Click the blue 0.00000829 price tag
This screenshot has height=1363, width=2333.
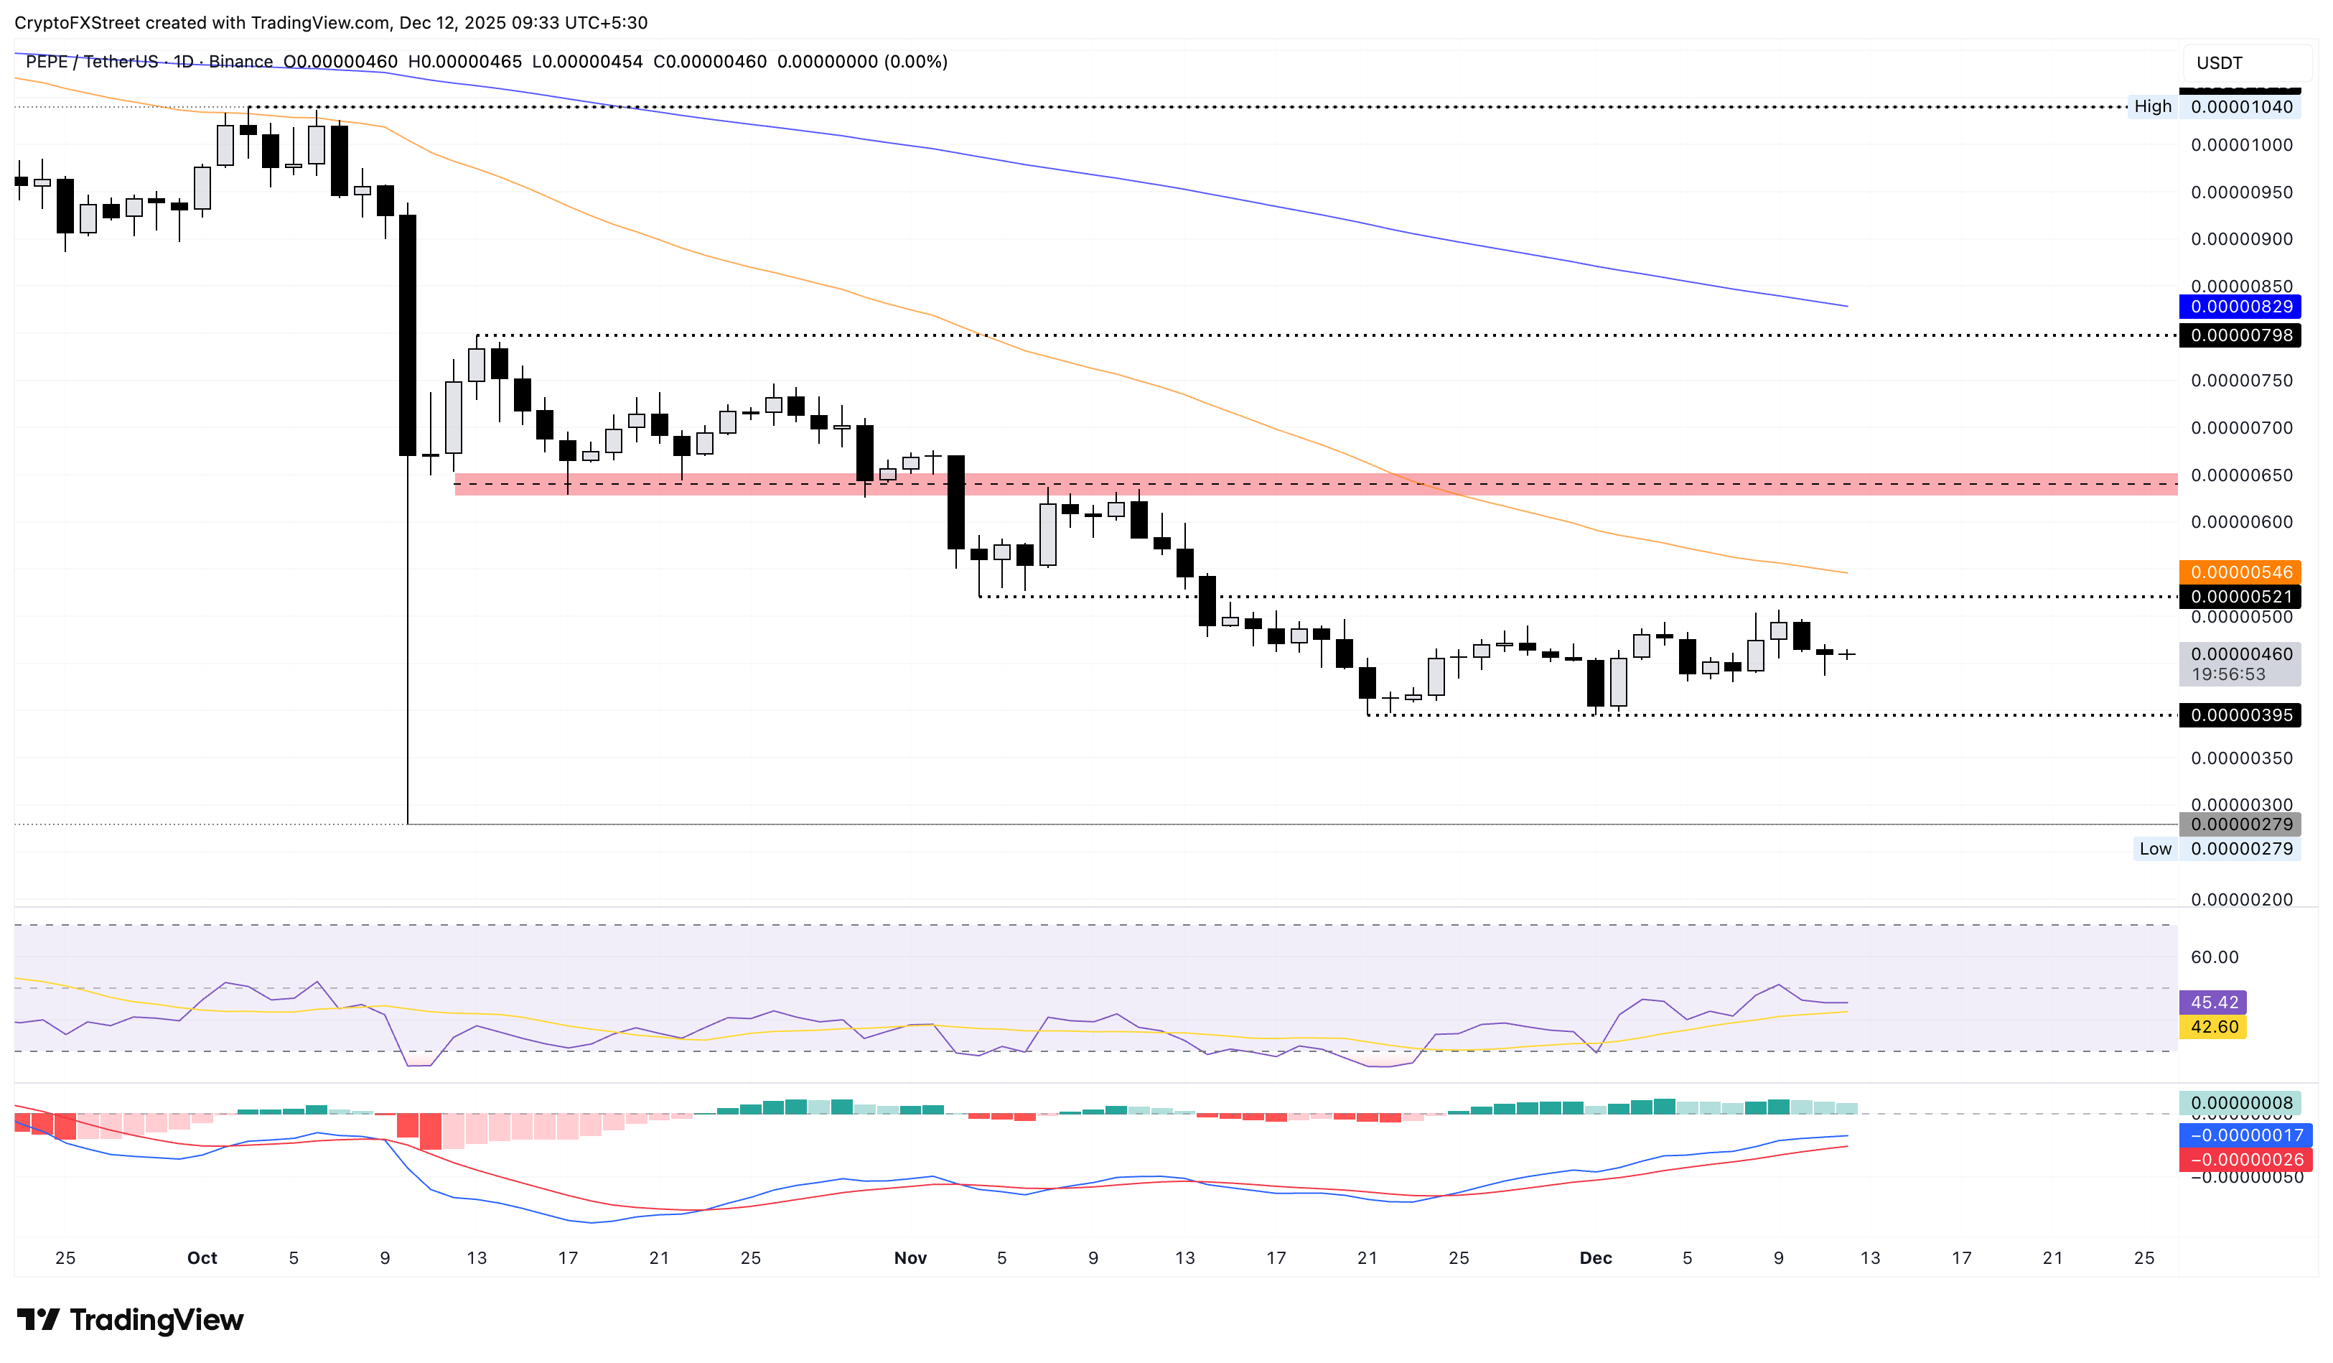(x=2240, y=307)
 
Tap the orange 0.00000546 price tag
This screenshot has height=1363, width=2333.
(x=2240, y=572)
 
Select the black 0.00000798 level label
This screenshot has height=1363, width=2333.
(x=2240, y=335)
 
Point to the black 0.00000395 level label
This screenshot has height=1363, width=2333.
(x=2240, y=715)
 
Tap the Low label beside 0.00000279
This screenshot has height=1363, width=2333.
(x=2154, y=849)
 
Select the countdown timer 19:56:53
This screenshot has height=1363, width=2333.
(x=2227, y=675)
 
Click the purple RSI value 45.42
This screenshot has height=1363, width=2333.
(x=2214, y=1003)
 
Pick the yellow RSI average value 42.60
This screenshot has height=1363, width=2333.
(x=2214, y=1027)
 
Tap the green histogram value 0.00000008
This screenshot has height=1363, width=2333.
(x=2240, y=1103)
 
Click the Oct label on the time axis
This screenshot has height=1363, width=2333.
(x=202, y=1258)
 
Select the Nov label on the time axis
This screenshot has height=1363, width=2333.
(x=910, y=1258)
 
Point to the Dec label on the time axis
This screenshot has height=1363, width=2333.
(x=1595, y=1258)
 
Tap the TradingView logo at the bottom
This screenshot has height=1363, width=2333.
(x=131, y=1319)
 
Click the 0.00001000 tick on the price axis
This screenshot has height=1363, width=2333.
(x=2240, y=145)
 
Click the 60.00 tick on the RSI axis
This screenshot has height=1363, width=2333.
(x=2214, y=957)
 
